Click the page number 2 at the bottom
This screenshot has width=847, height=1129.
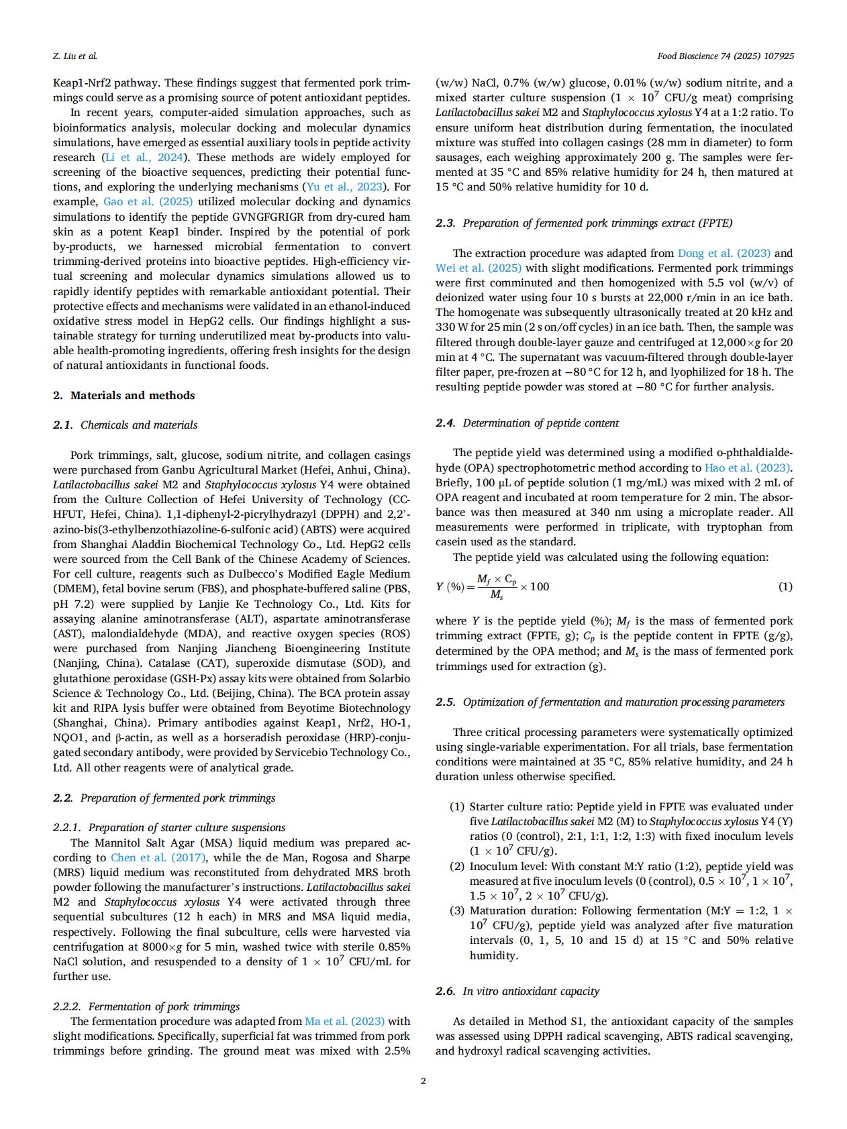tap(423, 1081)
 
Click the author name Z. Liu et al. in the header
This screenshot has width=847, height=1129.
tap(74, 56)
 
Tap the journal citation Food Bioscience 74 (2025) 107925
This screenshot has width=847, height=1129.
tap(726, 56)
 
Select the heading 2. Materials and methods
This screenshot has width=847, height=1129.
tap(124, 395)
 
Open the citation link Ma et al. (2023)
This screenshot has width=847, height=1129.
tap(344, 1021)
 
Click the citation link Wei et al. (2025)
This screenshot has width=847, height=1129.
tap(478, 268)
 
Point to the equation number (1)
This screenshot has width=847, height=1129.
tap(785, 586)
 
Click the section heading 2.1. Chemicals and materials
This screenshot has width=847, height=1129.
tap(126, 425)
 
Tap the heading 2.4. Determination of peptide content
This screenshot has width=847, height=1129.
tap(527, 423)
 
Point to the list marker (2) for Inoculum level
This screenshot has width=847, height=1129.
tap(457, 866)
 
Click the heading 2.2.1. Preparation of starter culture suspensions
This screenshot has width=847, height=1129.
tap(169, 827)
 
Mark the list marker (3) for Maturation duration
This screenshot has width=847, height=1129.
tap(457, 910)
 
